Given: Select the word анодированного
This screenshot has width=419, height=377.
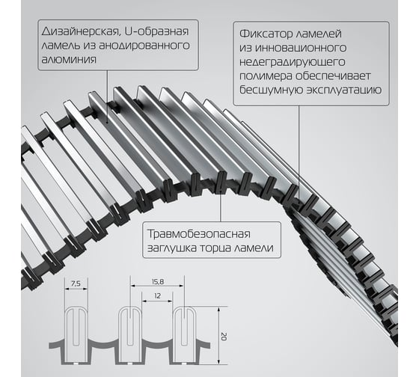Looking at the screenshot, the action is [144, 46].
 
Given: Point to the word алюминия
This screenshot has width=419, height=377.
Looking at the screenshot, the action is [69, 59].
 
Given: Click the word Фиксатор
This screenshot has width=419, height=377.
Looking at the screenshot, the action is [266, 34].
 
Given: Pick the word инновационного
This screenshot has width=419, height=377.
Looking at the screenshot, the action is [301, 48].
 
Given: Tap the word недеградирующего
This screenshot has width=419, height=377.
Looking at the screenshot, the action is [293, 62].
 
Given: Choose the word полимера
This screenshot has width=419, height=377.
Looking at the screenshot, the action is [266, 76].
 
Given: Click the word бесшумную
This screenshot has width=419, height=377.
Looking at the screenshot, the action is [270, 90].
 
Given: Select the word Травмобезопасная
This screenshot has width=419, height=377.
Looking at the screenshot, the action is [199, 234].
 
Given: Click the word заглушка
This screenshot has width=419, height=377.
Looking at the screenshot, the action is [172, 248].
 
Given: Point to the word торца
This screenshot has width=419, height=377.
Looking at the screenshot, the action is [216, 248].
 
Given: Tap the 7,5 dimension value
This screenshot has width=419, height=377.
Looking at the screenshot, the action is [76, 283].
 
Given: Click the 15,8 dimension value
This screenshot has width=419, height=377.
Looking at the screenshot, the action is [158, 281].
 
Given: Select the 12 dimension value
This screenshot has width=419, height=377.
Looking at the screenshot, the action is [157, 295].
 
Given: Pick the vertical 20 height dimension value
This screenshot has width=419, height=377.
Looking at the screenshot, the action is [224, 337].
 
